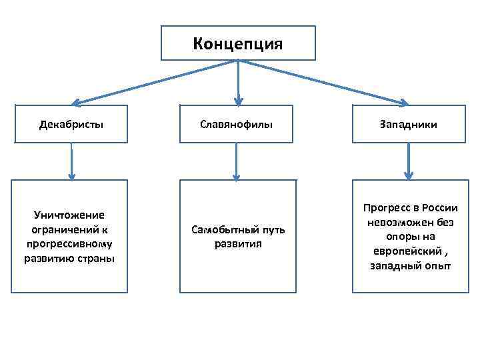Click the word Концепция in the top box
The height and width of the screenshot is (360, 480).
pyautogui.click(x=238, y=43)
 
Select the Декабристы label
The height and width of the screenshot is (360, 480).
pyautogui.click(x=71, y=124)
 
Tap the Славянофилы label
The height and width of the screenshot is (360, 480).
pyautogui.click(x=238, y=124)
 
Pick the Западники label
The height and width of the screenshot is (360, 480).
pyautogui.click(x=409, y=124)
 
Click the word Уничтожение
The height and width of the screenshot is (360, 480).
pyautogui.click(x=69, y=215)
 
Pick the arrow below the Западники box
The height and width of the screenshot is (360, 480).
pyautogui.click(x=409, y=162)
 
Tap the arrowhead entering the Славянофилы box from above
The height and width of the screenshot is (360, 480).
pyautogui.click(x=238, y=101)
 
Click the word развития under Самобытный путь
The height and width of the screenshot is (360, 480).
pyautogui.click(x=238, y=244)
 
